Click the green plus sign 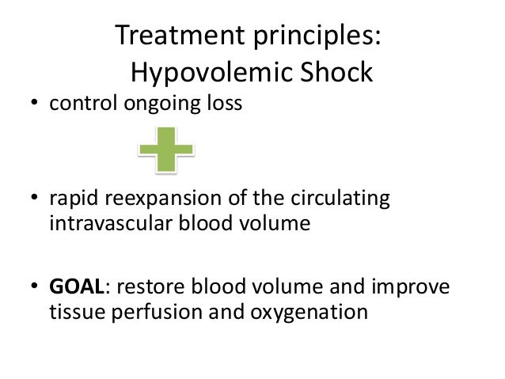tap(169, 149)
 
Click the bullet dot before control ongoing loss tap(35, 106)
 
